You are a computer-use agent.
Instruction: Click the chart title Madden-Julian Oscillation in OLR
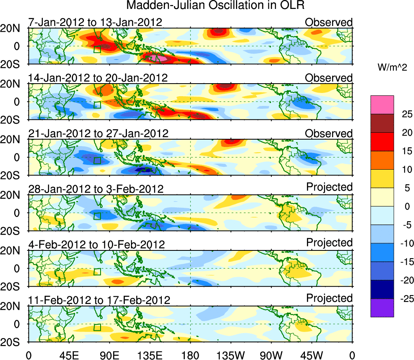tap(215, 6)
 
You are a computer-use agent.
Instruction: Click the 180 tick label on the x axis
tap(191, 355)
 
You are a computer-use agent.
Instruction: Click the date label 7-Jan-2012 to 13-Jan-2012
tap(95, 22)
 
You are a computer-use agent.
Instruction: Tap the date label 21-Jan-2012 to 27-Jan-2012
tap(98, 133)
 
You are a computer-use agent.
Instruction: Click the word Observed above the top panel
tap(329, 22)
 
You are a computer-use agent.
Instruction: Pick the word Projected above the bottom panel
tap(329, 298)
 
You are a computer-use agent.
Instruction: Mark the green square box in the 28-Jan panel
tap(97, 216)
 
